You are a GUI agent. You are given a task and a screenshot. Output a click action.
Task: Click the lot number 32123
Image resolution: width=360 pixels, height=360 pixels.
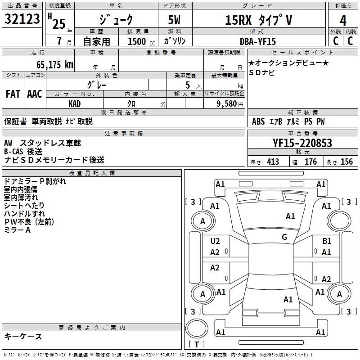(23, 20)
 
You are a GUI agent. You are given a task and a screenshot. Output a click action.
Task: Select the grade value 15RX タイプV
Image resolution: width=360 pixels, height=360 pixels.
(259, 20)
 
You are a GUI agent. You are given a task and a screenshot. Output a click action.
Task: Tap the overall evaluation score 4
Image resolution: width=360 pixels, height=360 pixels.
(343, 21)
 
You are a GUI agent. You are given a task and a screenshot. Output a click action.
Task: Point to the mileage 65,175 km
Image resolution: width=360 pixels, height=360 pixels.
(52, 65)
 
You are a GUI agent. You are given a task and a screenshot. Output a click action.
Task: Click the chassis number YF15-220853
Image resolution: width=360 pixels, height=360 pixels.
(302, 144)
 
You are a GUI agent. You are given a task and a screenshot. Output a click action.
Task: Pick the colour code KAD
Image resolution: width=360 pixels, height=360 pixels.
(75, 104)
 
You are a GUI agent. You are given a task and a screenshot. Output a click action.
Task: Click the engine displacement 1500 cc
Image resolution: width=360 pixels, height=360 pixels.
(139, 42)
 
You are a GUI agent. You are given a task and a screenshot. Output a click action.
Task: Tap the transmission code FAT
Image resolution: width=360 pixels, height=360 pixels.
(13, 94)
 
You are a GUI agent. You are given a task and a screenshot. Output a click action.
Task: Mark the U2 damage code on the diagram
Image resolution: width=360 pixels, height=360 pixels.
(215, 242)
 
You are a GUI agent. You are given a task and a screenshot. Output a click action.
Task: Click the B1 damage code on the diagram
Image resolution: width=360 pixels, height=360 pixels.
(327, 242)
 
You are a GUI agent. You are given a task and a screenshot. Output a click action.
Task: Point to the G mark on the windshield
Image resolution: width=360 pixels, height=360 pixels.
(284, 237)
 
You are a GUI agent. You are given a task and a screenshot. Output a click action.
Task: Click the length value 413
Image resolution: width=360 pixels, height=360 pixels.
(273, 162)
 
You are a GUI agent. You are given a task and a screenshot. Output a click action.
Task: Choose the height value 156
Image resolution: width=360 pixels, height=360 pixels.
(346, 162)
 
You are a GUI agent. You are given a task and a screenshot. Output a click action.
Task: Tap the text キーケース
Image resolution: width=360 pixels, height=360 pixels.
(23, 337)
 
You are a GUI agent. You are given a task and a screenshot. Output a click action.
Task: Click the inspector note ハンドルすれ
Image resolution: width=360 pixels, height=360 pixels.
(24, 213)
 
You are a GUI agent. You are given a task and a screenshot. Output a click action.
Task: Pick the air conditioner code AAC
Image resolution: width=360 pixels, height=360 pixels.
(35, 94)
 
